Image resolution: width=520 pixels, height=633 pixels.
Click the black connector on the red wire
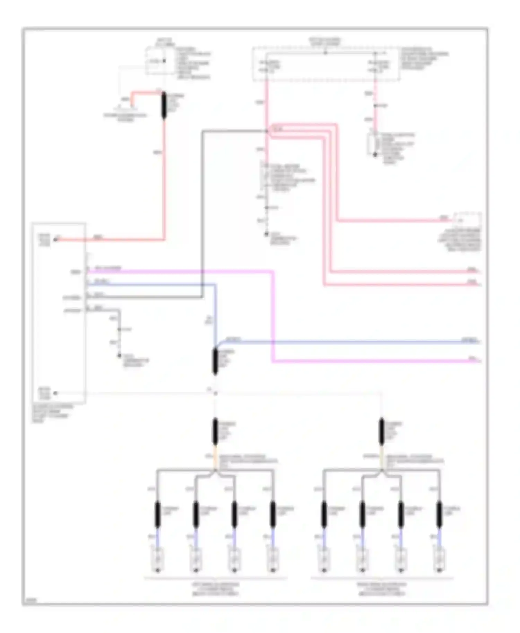click(164, 106)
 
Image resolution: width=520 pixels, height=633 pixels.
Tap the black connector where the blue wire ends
click(215, 362)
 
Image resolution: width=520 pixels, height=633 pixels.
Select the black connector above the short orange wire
click(215, 431)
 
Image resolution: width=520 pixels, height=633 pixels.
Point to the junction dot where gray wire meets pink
click(267, 131)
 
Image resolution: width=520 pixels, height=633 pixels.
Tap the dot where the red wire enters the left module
click(55, 239)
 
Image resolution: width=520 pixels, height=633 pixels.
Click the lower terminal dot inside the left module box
click(55, 393)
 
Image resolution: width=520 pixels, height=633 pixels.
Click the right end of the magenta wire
click(479, 362)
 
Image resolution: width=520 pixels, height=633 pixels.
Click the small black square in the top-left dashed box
click(164, 61)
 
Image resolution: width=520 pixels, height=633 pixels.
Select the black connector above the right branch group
click(381, 431)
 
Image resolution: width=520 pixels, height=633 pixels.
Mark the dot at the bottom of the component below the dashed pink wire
click(375, 154)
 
